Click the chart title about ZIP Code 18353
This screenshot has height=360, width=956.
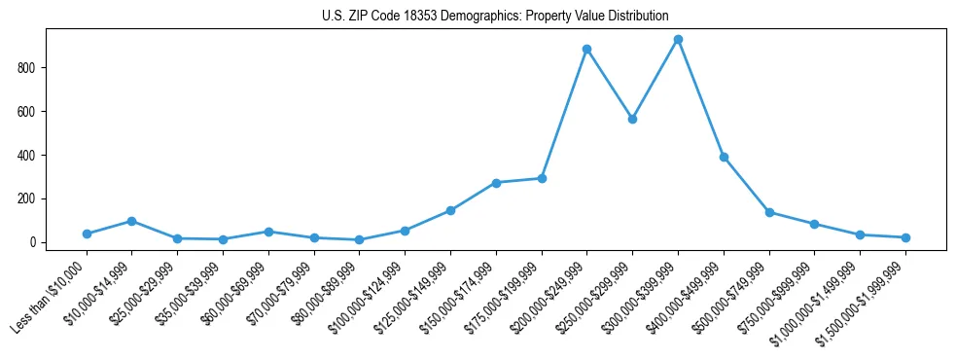coord(495,16)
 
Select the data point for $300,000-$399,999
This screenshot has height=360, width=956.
coord(678,40)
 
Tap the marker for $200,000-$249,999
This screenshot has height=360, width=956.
coord(586,49)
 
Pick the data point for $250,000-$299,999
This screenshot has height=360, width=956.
coord(632,119)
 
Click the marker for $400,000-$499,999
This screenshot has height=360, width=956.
coord(724,157)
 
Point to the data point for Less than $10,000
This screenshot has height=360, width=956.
coord(87,234)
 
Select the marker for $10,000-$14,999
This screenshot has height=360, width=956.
coord(131,221)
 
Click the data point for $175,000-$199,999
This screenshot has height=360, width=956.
coord(542,178)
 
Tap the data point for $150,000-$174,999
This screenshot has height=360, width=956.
coord(496,183)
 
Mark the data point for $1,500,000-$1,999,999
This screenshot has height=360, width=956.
coord(905,237)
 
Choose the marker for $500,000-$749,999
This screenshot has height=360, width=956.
coord(769,212)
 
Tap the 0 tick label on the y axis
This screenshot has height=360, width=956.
coord(33,242)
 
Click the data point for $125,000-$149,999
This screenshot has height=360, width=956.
coord(450,210)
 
